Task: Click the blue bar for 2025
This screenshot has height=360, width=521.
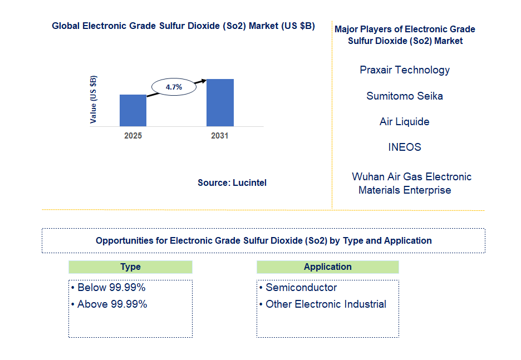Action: pos(133,110)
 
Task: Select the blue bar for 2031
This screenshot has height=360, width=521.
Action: pos(220,102)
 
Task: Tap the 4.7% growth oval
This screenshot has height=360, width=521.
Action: pos(174,87)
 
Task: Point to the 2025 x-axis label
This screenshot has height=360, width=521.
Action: pos(133,136)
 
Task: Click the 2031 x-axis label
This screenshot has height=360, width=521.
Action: pos(220,136)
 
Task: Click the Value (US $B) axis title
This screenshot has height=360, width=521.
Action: pos(94,99)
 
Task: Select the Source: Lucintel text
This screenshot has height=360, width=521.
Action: pos(232,183)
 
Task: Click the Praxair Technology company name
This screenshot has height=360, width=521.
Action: pos(405,70)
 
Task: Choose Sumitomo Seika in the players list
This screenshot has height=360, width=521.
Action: pos(405,96)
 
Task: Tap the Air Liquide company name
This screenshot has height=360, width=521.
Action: pos(405,121)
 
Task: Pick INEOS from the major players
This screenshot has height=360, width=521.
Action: pos(405,147)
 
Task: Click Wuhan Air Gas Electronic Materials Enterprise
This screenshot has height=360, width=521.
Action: pos(411,183)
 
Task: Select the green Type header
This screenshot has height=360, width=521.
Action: pos(130,267)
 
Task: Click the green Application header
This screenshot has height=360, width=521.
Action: pos(327,267)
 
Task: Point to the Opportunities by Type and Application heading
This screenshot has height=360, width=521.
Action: pos(263,241)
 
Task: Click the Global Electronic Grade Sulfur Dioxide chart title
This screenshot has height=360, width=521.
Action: pos(183,26)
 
